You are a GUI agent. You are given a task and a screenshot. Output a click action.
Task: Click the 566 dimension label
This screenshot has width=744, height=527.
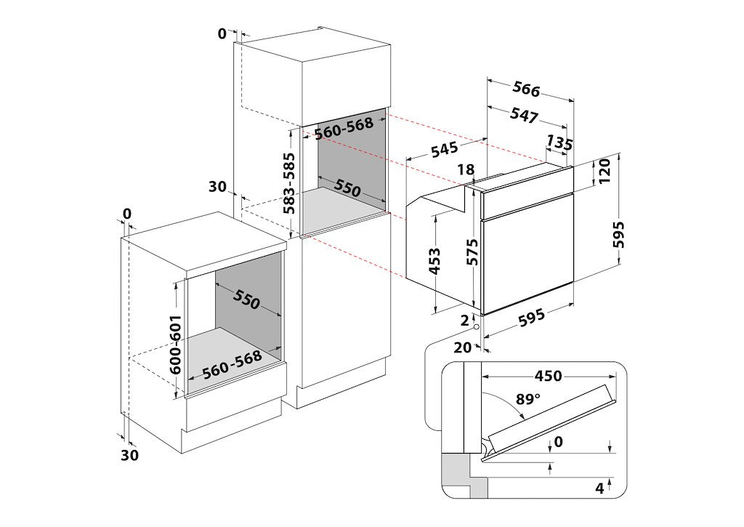click(526, 89)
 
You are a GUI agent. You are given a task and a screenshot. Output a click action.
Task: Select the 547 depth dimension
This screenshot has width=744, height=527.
click(524, 115)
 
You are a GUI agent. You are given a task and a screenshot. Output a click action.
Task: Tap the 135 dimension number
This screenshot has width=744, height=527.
click(559, 142)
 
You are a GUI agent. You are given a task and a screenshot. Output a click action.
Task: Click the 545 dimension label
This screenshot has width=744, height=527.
click(445, 150)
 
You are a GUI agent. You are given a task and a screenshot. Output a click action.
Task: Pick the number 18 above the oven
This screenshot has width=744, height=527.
click(466, 169)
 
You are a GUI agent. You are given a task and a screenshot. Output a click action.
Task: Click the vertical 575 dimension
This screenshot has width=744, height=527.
click(471, 252)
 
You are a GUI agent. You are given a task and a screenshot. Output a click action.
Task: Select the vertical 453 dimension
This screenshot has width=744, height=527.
click(434, 261)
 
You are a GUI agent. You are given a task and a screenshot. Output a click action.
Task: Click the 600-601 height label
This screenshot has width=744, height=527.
click(175, 345)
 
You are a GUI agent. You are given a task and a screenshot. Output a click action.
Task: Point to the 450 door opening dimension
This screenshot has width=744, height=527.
click(548, 376)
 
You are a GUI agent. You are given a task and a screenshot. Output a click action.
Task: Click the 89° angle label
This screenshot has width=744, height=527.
click(528, 399)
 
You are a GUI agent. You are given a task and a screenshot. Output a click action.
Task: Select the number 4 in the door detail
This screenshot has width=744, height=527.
click(599, 488)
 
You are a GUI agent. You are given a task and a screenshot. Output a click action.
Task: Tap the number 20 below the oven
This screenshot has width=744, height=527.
click(463, 348)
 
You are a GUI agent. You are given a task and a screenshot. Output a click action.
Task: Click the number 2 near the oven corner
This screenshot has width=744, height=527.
click(464, 320)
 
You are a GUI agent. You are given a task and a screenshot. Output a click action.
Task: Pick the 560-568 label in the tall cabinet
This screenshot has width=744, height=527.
click(344, 127)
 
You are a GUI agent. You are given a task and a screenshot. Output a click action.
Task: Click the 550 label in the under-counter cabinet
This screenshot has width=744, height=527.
click(246, 299)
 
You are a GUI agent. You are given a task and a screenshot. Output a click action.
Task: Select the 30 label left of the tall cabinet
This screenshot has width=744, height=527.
click(218, 187)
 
